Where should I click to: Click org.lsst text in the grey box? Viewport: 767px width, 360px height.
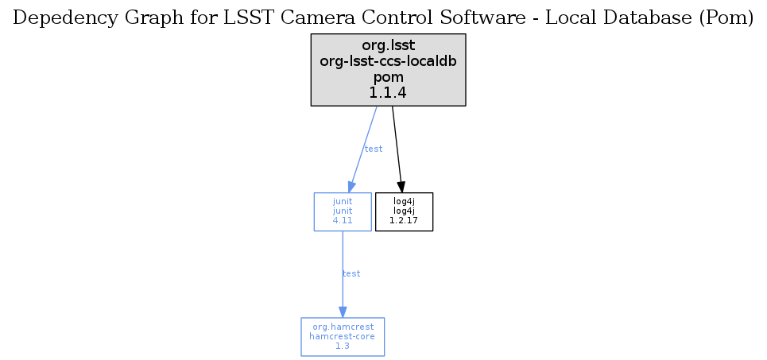[389, 46]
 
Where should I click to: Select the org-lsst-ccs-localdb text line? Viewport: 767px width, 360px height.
[389, 62]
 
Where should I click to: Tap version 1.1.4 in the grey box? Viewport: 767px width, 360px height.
[389, 92]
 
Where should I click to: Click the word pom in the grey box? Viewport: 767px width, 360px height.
[389, 78]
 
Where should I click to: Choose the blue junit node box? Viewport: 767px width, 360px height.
[343, 212]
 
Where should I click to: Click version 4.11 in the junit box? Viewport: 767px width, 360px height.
[343, 221]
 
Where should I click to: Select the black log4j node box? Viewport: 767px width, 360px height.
[404, 212]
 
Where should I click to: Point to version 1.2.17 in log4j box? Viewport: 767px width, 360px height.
[404, 221]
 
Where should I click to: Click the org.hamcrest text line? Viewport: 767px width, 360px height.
[343, 327]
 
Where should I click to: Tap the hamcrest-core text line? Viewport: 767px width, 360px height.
[343, 336]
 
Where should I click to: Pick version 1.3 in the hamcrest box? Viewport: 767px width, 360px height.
[343, 346]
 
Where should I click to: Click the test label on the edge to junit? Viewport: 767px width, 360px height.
[374, 149]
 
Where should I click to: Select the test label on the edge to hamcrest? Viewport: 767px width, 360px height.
[351, 273]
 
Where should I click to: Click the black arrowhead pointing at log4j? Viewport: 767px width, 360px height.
[401, 187]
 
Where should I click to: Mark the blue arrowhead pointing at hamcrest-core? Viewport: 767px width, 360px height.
[343, 312]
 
